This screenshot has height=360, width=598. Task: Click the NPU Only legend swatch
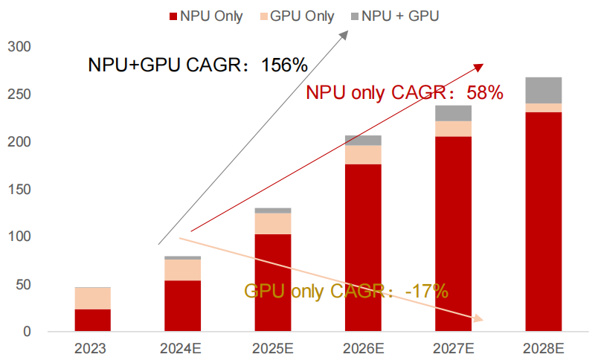173,16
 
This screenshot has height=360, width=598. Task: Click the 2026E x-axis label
363,347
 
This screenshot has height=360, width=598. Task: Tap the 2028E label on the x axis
544,347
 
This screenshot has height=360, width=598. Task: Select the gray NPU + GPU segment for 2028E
544,90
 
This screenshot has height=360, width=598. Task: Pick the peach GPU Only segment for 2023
92,298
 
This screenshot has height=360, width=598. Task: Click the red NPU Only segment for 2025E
273,283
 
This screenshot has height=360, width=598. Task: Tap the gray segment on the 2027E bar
454,113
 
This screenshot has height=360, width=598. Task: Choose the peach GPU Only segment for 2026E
363,154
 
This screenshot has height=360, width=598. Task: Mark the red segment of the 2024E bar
182,306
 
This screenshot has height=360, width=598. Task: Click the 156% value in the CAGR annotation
284,65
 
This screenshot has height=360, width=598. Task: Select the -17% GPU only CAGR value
427,291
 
